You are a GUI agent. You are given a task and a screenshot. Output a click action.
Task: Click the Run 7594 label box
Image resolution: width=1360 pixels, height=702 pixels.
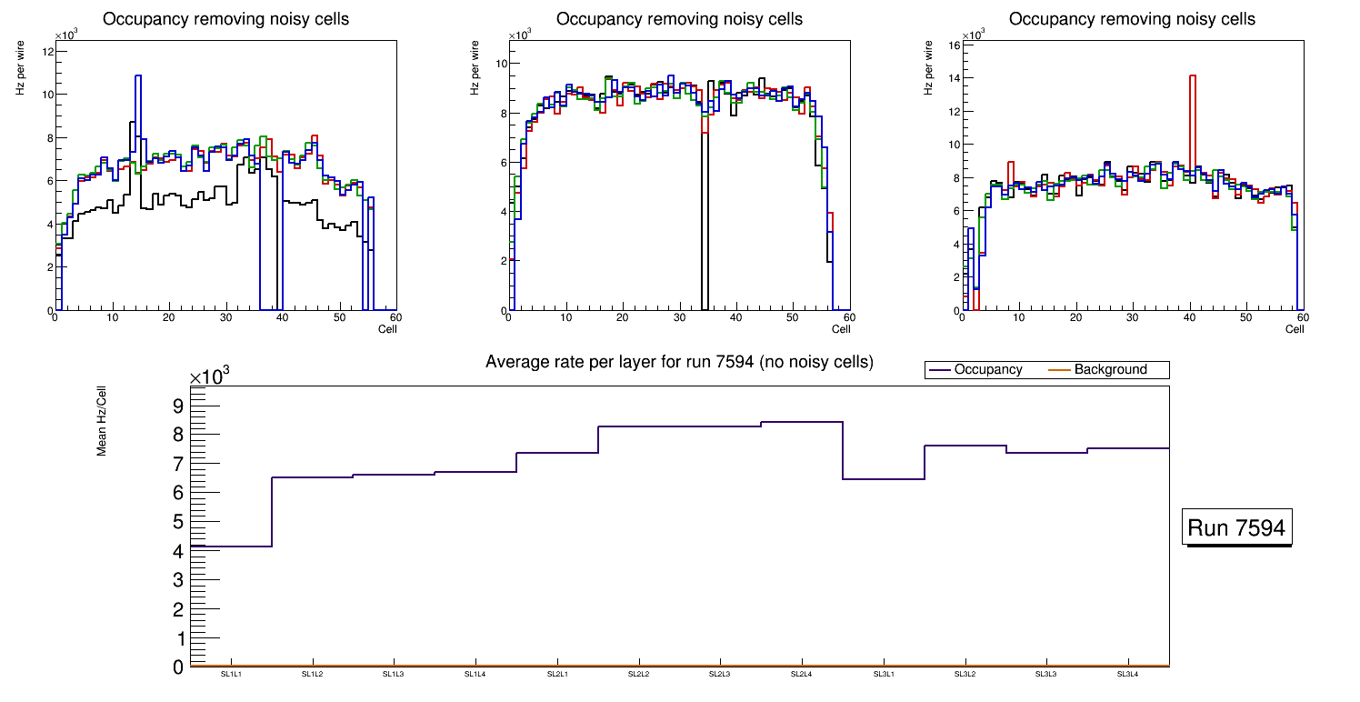(1238, 527)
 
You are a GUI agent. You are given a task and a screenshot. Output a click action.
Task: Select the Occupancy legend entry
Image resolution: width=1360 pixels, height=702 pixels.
(987, 370)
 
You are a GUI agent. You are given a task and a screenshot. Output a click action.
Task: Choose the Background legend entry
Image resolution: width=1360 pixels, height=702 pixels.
(1110, 370)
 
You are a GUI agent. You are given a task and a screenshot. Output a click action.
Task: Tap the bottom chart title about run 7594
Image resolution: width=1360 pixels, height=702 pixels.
(679, 362)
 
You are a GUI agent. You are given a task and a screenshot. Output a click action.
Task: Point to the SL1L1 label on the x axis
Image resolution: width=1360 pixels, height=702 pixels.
(232, 675)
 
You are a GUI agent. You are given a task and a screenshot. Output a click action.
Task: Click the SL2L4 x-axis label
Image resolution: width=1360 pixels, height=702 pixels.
(802, 675)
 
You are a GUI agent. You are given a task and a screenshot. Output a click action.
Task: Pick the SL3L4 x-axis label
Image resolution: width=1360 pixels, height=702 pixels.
(1128, 675)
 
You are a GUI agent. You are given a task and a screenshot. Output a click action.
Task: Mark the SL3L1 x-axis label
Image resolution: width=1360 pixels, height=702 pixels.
(884, 675)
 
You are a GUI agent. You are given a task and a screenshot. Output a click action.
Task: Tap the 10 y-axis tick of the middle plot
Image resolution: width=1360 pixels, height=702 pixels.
(500, 64)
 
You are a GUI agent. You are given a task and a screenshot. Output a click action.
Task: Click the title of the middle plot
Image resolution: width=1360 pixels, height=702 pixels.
(679, 19)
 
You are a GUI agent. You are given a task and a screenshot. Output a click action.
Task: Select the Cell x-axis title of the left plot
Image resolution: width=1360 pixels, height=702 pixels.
(387, 329)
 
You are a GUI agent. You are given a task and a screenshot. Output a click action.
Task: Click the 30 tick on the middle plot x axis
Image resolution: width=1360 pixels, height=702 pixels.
(678, 317)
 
